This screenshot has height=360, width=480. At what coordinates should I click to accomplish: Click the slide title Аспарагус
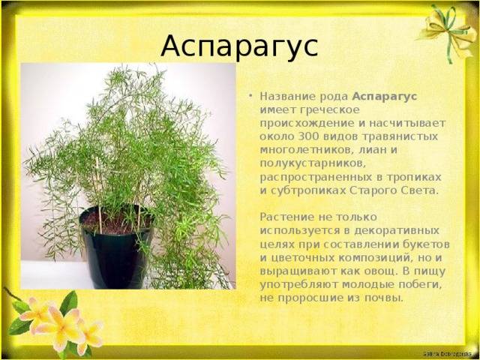point(239,46)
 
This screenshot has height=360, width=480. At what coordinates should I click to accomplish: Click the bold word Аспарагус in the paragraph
point(385,97)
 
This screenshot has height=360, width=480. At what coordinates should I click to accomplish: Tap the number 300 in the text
point(306,136)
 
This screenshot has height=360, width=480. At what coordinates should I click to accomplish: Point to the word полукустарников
point(313,163)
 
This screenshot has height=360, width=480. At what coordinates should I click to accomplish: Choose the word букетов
point(423,244)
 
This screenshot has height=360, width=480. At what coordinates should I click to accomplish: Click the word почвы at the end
point(382,298)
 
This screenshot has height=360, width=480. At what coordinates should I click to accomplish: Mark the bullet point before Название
point(251,97)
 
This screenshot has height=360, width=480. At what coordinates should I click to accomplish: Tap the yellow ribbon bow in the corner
point(447,31)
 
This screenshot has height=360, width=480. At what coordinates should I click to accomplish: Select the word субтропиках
point(308,190)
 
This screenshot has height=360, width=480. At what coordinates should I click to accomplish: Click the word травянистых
point(400,136)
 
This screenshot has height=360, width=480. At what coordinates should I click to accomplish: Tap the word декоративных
point(396,231)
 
